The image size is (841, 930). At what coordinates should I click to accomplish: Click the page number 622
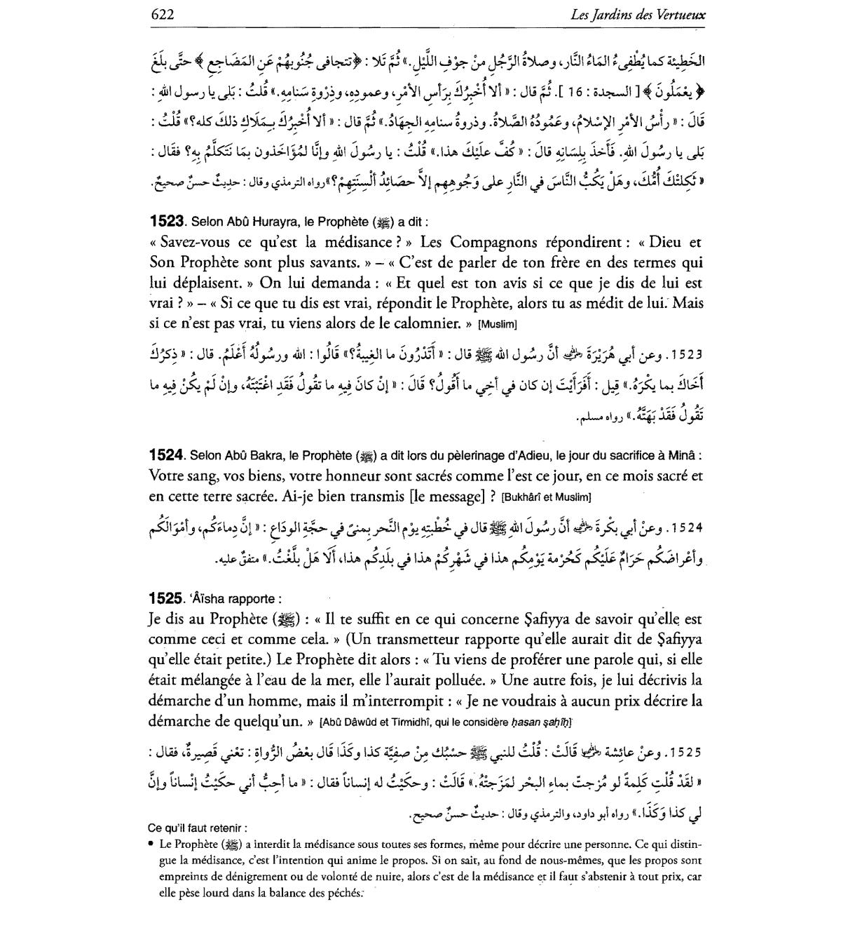tap(162, 14)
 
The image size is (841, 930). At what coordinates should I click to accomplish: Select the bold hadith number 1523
tap(166, 221)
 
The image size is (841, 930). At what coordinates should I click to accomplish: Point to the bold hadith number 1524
tap(166, 455)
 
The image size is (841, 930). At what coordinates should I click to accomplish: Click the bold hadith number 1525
tap(166, 599)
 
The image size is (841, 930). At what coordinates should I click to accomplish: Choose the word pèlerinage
tap(461, 456)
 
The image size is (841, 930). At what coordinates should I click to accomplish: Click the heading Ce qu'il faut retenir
tap(198, 828)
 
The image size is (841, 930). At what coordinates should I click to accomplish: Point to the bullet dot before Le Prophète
tap(152, 843)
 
